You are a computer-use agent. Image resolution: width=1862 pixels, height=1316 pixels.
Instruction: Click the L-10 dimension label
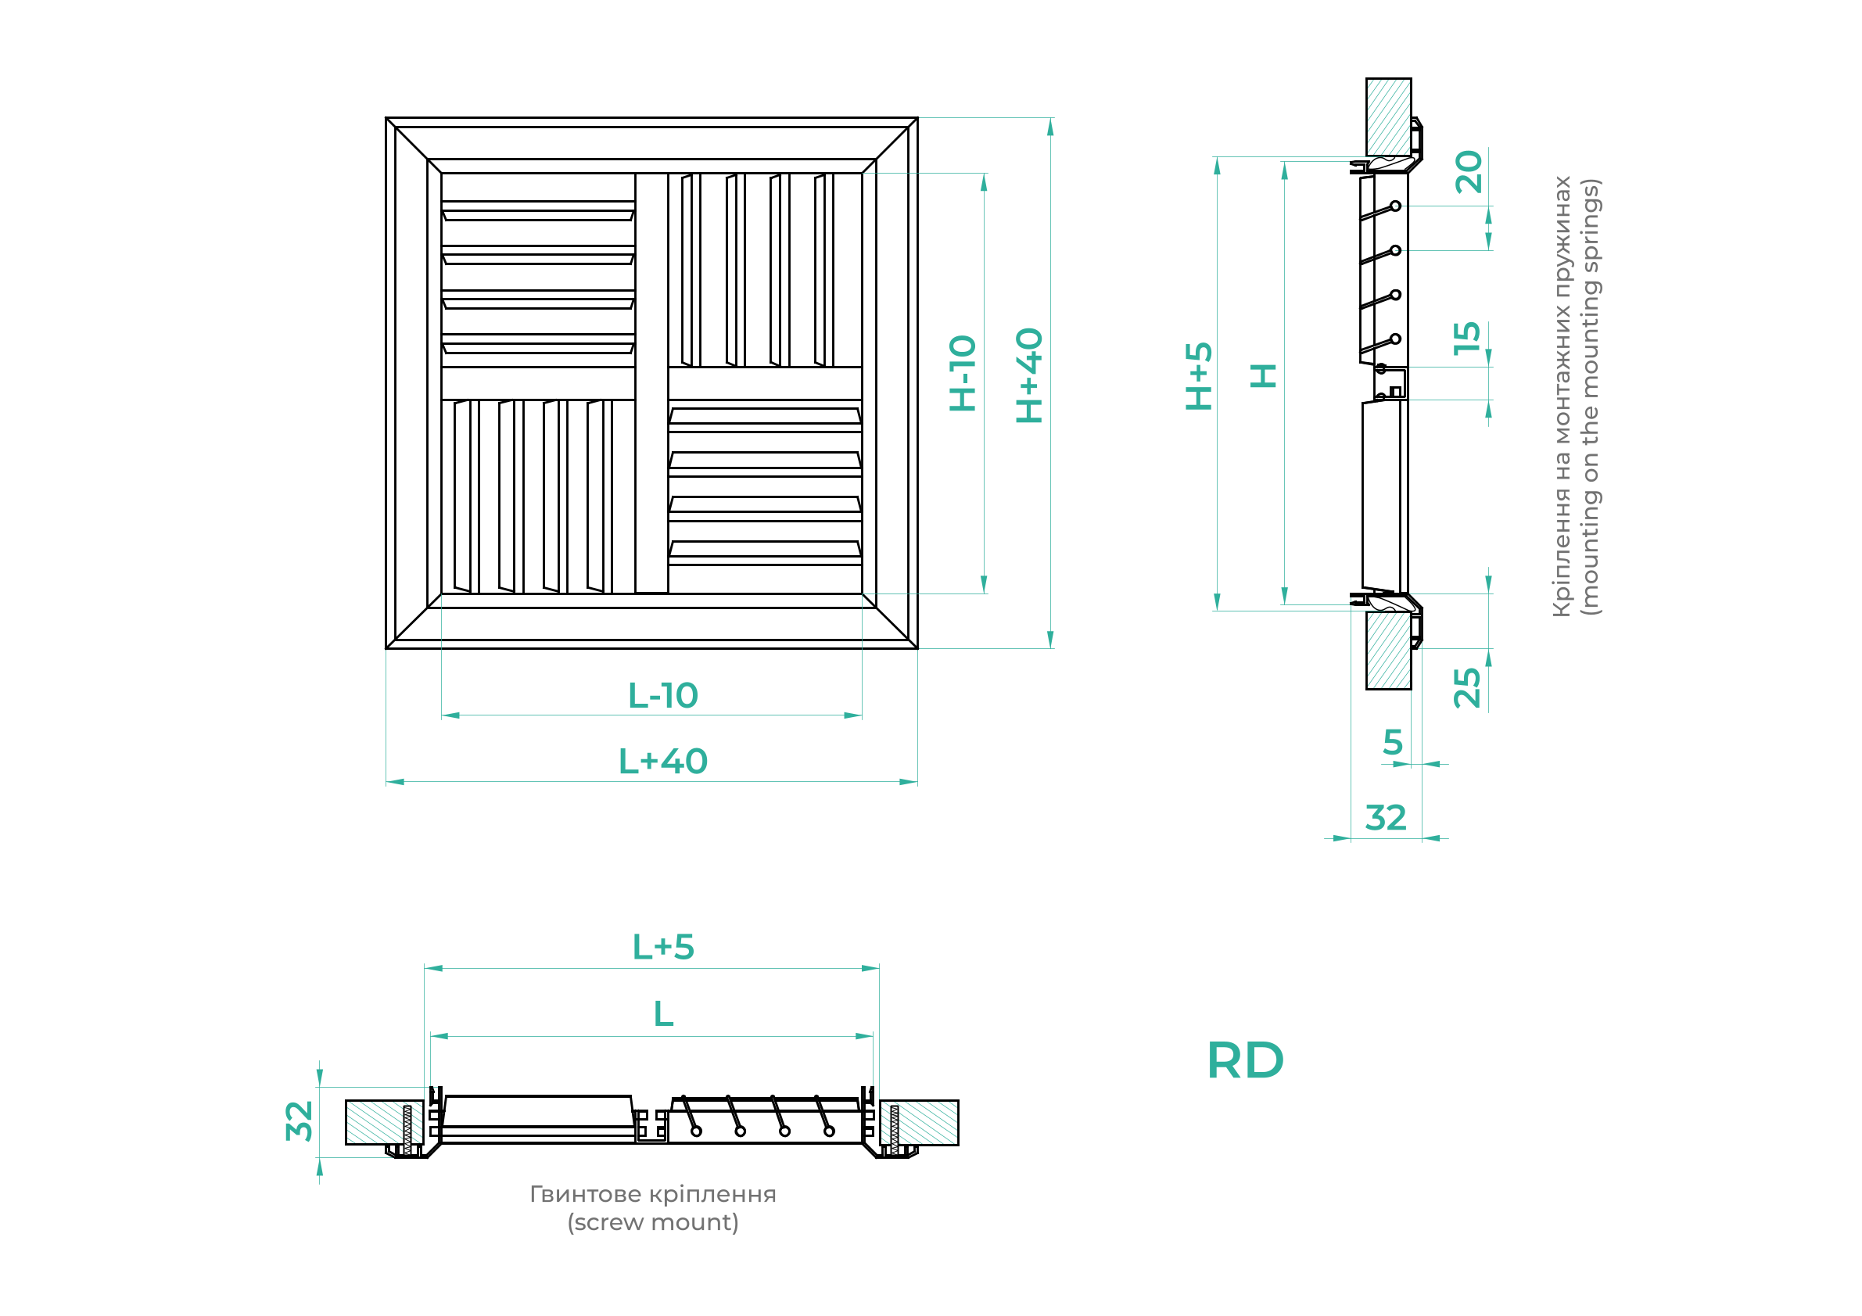tap(662, 695)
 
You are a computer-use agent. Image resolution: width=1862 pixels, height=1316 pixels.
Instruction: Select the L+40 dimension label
tap(662, 761)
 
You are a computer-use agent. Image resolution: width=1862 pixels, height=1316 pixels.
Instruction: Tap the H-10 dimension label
tap(963, 373)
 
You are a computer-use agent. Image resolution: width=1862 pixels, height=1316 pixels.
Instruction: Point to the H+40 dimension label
tap(1029, 375)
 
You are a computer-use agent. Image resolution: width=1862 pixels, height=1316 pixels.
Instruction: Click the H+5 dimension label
tap(1199, 375)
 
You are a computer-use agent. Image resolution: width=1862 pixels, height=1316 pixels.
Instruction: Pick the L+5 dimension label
tap(663, 946)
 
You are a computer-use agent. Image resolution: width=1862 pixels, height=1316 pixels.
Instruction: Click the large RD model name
tap(1246, 1060)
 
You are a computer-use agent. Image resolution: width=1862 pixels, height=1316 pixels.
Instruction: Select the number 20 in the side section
tap(1469, 172)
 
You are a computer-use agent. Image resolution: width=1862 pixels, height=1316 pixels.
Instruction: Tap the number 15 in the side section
tap(1467, 338)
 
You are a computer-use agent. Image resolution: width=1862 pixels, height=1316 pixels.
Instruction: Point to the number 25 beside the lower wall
tap(1467, 688)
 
